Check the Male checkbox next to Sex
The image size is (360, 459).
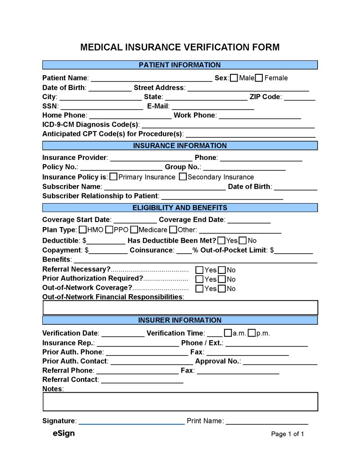234,78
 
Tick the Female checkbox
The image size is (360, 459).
259,78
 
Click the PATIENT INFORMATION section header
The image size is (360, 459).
180,65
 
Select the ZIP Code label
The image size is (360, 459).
265,97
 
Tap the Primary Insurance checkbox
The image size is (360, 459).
114,177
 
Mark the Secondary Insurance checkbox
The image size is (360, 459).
183,177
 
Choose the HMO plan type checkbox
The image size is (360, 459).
83,230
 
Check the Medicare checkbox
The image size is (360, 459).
134,230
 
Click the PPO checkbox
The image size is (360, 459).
109,230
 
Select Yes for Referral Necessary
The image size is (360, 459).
199,270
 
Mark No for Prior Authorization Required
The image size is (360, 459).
222,279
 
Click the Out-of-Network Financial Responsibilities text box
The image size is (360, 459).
180,307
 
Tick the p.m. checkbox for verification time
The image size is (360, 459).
252,333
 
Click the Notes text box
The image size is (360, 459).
180,401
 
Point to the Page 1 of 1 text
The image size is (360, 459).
288,434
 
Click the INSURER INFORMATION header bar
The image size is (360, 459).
180,320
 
